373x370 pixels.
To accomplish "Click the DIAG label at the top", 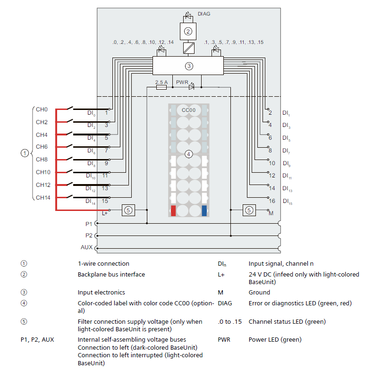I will [204, 14].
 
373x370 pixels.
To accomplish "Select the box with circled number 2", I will [188, 32].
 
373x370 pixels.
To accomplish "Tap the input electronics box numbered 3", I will [189, 66].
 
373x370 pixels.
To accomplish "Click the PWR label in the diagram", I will [182, 82].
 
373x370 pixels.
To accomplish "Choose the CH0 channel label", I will [42, 109].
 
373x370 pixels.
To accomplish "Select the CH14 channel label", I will [43, 197].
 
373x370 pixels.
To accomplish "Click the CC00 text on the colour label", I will [188, 110].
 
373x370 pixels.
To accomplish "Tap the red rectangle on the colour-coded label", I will [174, 210].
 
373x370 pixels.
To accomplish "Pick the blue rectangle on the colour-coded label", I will [204, 210].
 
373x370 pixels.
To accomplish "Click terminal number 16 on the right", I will [271, 201].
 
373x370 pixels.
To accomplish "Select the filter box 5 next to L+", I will [128, 210].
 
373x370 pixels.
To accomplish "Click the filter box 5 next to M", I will [249, 210].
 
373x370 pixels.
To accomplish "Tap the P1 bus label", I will [89, 223].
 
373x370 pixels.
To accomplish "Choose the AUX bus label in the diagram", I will [87, 247].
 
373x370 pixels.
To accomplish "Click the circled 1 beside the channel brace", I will [24, 153].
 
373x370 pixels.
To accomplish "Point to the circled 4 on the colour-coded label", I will [188, 154].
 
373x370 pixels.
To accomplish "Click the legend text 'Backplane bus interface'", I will [111, 274].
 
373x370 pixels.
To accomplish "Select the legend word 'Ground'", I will [259, 292].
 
